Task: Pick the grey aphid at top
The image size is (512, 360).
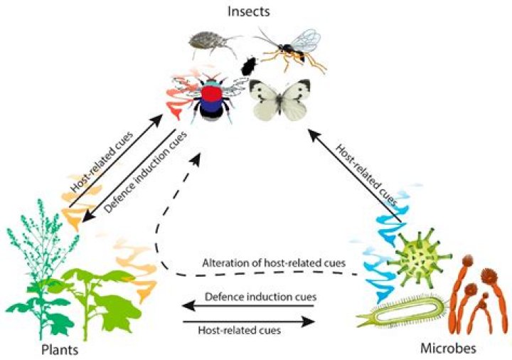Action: coord(210,45)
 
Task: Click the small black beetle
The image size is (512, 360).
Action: coord(249,67)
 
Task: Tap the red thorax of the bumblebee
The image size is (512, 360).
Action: coord(211,95)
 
